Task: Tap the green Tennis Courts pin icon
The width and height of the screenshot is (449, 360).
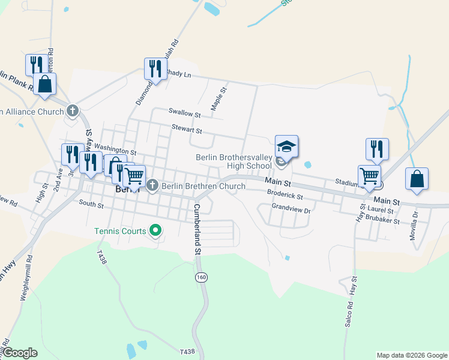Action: point(155,230)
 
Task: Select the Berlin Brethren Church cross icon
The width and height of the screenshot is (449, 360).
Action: point(152,186)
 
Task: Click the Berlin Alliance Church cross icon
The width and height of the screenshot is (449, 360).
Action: point(73,111)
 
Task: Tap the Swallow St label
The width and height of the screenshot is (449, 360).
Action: point(184,113)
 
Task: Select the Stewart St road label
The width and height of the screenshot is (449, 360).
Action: point(187,129)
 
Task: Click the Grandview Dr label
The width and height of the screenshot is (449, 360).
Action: point(291,211)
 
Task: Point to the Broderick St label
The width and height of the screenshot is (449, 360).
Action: point(285,196)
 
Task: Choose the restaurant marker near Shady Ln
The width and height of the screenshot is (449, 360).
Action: point(155,69)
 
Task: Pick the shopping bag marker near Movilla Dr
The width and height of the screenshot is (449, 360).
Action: point(417,179)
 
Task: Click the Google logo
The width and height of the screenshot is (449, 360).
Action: point(20,353)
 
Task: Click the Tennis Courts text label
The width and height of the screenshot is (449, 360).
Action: point(119,231)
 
